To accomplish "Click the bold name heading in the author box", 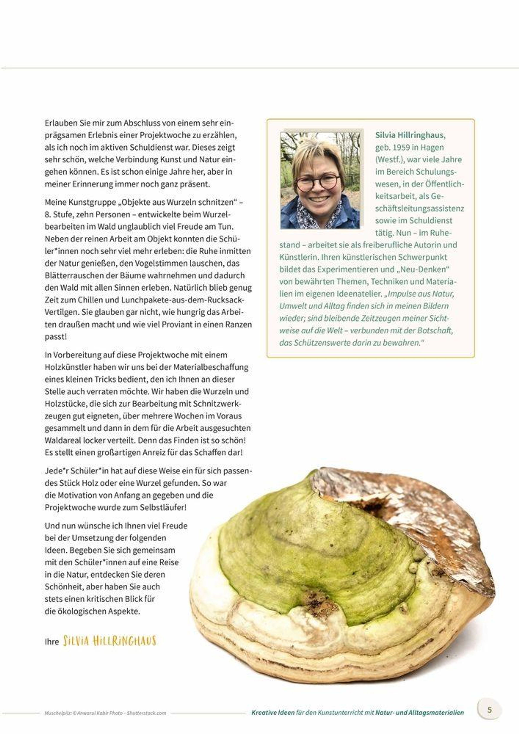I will [410, 135].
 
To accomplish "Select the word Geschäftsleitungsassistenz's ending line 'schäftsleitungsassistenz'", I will [419, 208].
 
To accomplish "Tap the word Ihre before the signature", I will [52, 642].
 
